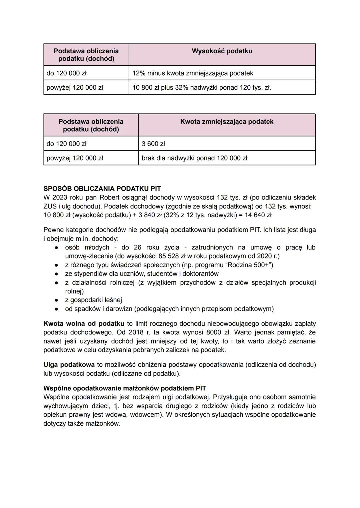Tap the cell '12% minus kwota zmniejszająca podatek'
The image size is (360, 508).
193,73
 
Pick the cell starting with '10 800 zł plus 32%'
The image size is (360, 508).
202,88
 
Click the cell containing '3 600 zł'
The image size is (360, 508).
153,144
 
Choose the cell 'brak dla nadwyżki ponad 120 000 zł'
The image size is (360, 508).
194,158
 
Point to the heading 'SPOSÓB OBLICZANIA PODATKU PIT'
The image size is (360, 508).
102,189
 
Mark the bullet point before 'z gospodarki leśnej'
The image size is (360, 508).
57,300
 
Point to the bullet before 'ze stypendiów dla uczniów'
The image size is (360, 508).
57,274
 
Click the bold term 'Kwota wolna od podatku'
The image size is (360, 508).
84,324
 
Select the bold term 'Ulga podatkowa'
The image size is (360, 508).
69,365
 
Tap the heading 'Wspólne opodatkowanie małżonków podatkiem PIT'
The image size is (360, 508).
125,388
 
